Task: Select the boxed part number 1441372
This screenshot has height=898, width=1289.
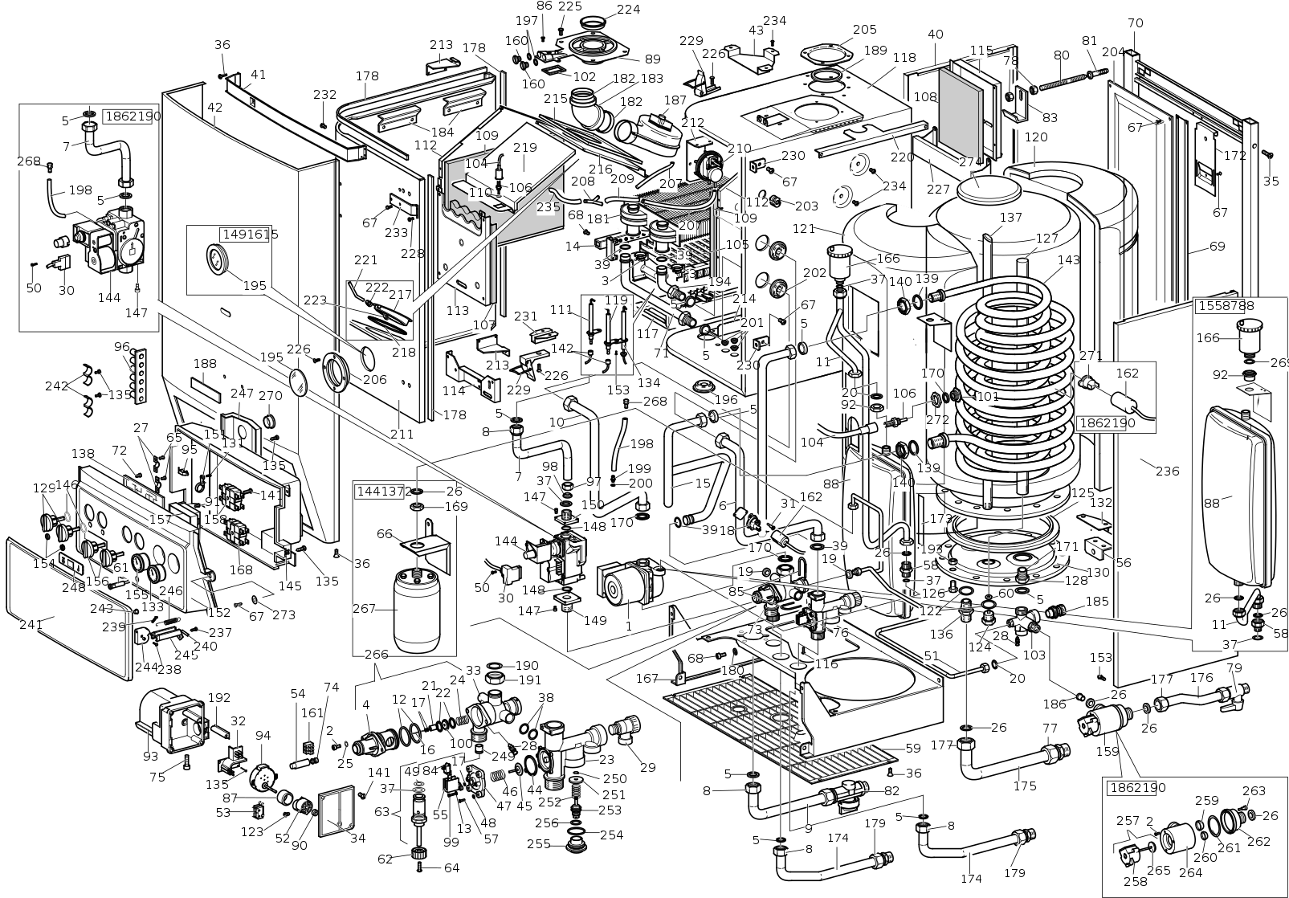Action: (384, 491)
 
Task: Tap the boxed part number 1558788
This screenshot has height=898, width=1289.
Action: (1226, 306)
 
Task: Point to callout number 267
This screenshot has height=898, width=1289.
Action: (365, 609)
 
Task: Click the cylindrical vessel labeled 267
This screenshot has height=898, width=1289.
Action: (417, 610)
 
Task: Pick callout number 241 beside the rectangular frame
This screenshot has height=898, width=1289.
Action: (31, 623)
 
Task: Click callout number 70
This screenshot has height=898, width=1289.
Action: (1134, 23)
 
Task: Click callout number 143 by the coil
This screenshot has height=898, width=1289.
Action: (1069, 260)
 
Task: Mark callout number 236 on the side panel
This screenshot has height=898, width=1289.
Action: (1167, 471)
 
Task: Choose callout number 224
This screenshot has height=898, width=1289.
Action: (628, 10)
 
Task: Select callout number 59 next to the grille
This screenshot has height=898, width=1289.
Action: (912, 748)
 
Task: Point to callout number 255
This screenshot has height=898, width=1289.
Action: (538, 844)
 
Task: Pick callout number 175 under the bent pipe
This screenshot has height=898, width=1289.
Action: (1025, 786)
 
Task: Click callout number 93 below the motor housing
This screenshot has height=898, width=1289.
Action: (150, 757)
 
